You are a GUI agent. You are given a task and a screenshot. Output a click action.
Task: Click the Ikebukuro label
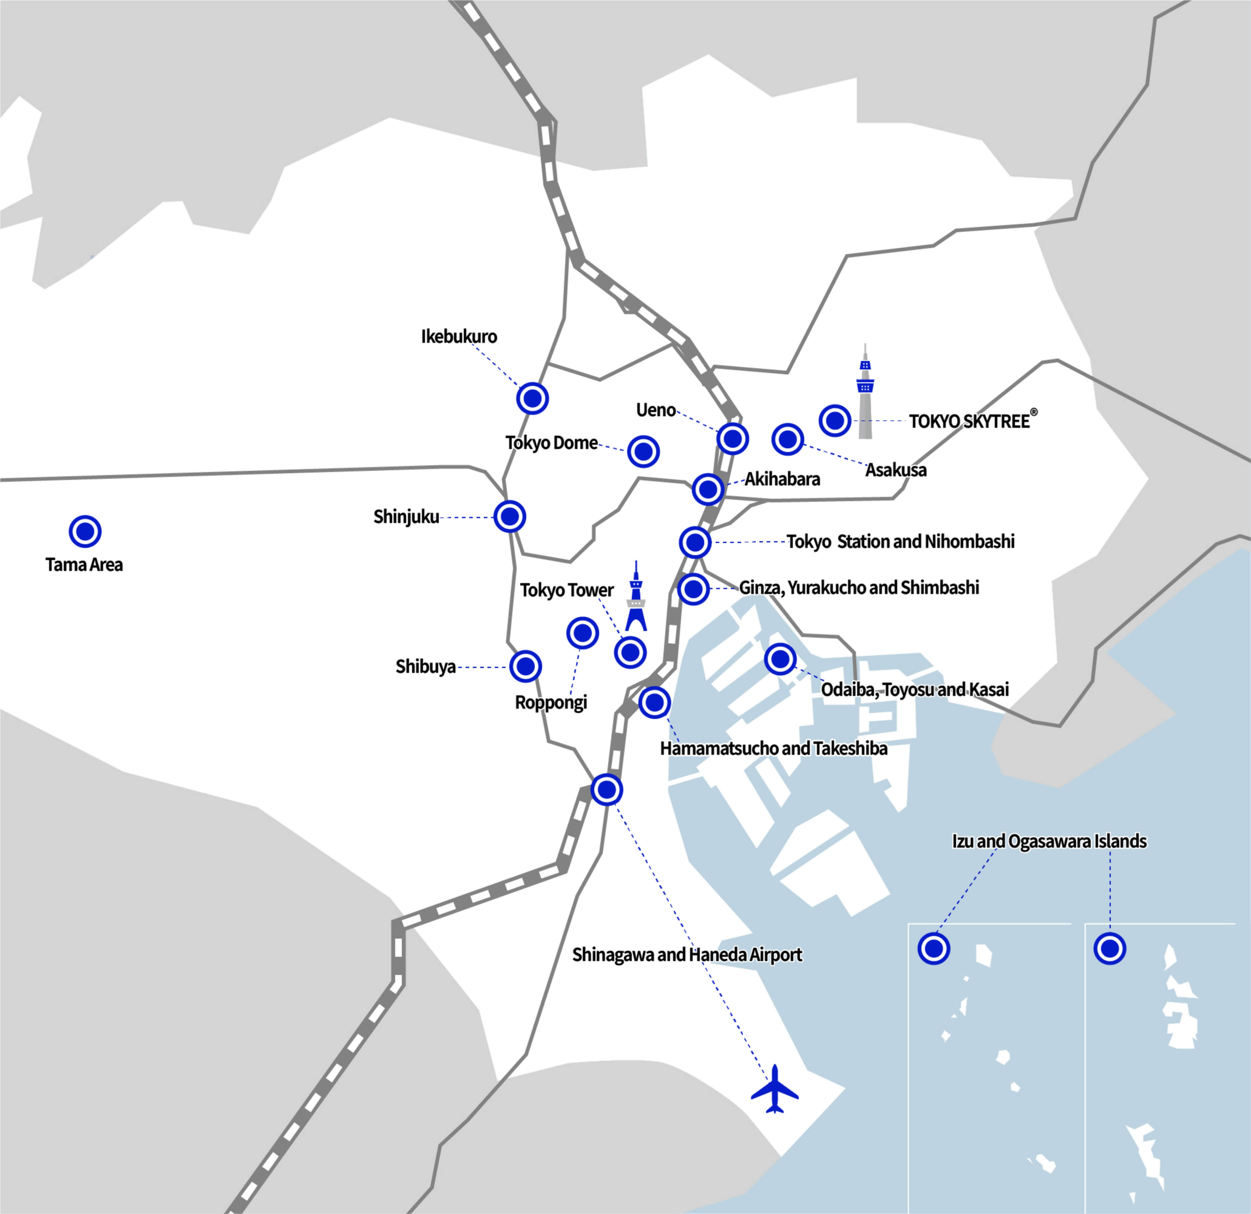tap(459, 337)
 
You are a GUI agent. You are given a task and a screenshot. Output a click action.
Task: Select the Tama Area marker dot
tap(85, 531)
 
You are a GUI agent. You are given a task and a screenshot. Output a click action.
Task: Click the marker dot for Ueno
tap(732, 439)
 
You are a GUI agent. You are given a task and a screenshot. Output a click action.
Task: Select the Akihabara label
tap(782, 479)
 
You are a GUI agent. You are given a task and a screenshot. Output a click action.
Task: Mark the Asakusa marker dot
tap(788, 439)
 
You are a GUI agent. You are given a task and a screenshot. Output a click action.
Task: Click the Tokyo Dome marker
tap(643, 452)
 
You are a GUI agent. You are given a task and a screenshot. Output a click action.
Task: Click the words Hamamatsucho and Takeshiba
tap(774, 748)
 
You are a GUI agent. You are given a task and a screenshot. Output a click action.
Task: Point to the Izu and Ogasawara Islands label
tap(1049, 841)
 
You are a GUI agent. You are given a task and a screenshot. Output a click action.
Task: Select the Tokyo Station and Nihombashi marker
tap(695, 542)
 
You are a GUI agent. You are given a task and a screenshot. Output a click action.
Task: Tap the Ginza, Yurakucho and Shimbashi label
tap(859, 588)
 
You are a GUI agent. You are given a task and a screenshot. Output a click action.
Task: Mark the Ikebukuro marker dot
tap(532, 399)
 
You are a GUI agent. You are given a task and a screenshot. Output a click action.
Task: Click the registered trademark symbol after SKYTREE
tap(1034, 412)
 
